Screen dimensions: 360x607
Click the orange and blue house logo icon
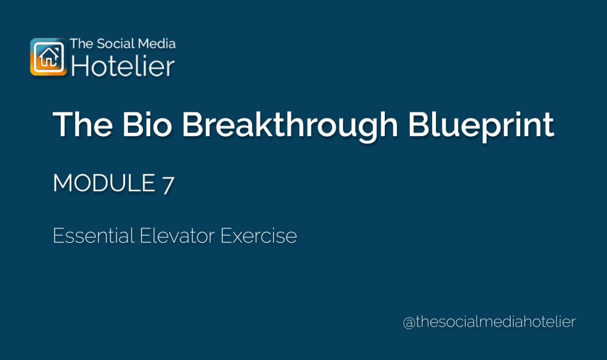click(49, 57)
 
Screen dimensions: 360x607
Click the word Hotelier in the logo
click(123, 66)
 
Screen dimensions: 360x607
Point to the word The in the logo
click(80, 44)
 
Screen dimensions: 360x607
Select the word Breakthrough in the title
click(290, 124)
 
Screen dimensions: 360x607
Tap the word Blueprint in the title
click(481, 124)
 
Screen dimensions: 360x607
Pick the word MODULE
click(103, 183)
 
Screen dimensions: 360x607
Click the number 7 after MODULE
click(168, 183)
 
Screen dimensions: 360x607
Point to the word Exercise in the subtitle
click(259, 236)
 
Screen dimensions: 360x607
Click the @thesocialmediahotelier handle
click(489, 322)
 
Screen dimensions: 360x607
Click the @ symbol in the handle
click(409, 322)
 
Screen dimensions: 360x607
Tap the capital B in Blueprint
click(419, 124)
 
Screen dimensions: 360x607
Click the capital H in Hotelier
click(80, 66)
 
